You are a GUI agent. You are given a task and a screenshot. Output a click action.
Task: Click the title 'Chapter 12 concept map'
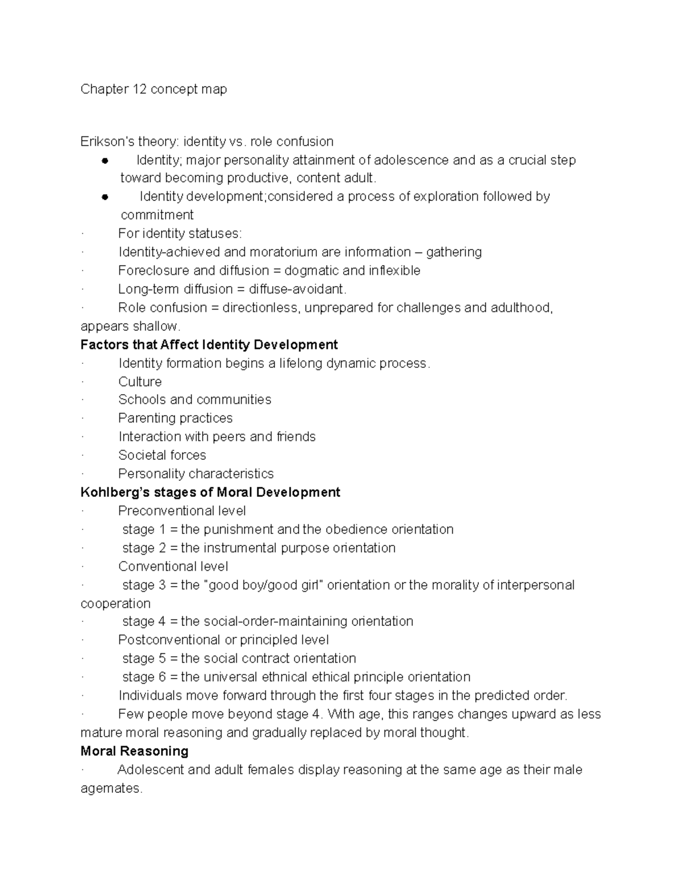tap(154, 89)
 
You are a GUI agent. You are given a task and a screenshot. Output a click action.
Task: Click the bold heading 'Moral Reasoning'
tap(134, 751)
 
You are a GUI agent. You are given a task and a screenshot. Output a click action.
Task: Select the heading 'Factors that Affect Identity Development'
tap(209, 345)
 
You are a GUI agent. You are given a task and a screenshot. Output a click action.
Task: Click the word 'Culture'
tap(140, 382)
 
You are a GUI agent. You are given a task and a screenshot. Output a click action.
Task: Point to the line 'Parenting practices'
tap(175, 418)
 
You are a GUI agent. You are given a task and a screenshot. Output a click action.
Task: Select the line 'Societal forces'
tap(162, 455)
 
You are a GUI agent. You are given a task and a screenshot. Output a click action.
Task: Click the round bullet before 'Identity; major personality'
tap(104, 160)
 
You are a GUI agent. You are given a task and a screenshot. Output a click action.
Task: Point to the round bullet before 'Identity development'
tap(104, 197)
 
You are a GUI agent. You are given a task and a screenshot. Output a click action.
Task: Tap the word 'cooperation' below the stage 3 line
tap(115, 604)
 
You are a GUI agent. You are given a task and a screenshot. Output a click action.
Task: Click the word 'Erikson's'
tap(107, 142)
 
